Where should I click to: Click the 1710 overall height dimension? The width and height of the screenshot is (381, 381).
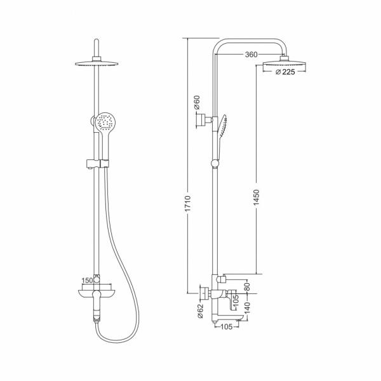(x=188, y=204)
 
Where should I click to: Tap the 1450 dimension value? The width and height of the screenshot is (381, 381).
(x=257, y=197)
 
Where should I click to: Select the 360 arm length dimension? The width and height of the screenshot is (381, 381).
(x=251, y=55)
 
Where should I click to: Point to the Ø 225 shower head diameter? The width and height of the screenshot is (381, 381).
(x=285, y=72)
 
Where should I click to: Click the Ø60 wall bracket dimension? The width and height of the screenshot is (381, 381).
(x=197, y=102)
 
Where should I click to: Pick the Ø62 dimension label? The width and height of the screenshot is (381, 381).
(x=200, y=311)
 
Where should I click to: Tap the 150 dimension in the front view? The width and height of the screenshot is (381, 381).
(x=87, y=281)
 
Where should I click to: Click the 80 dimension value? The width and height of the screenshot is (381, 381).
(x=247, y=287)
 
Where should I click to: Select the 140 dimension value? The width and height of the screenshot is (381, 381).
(x=247, y=307)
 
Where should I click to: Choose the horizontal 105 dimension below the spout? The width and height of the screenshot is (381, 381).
(x=227, y=327)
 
